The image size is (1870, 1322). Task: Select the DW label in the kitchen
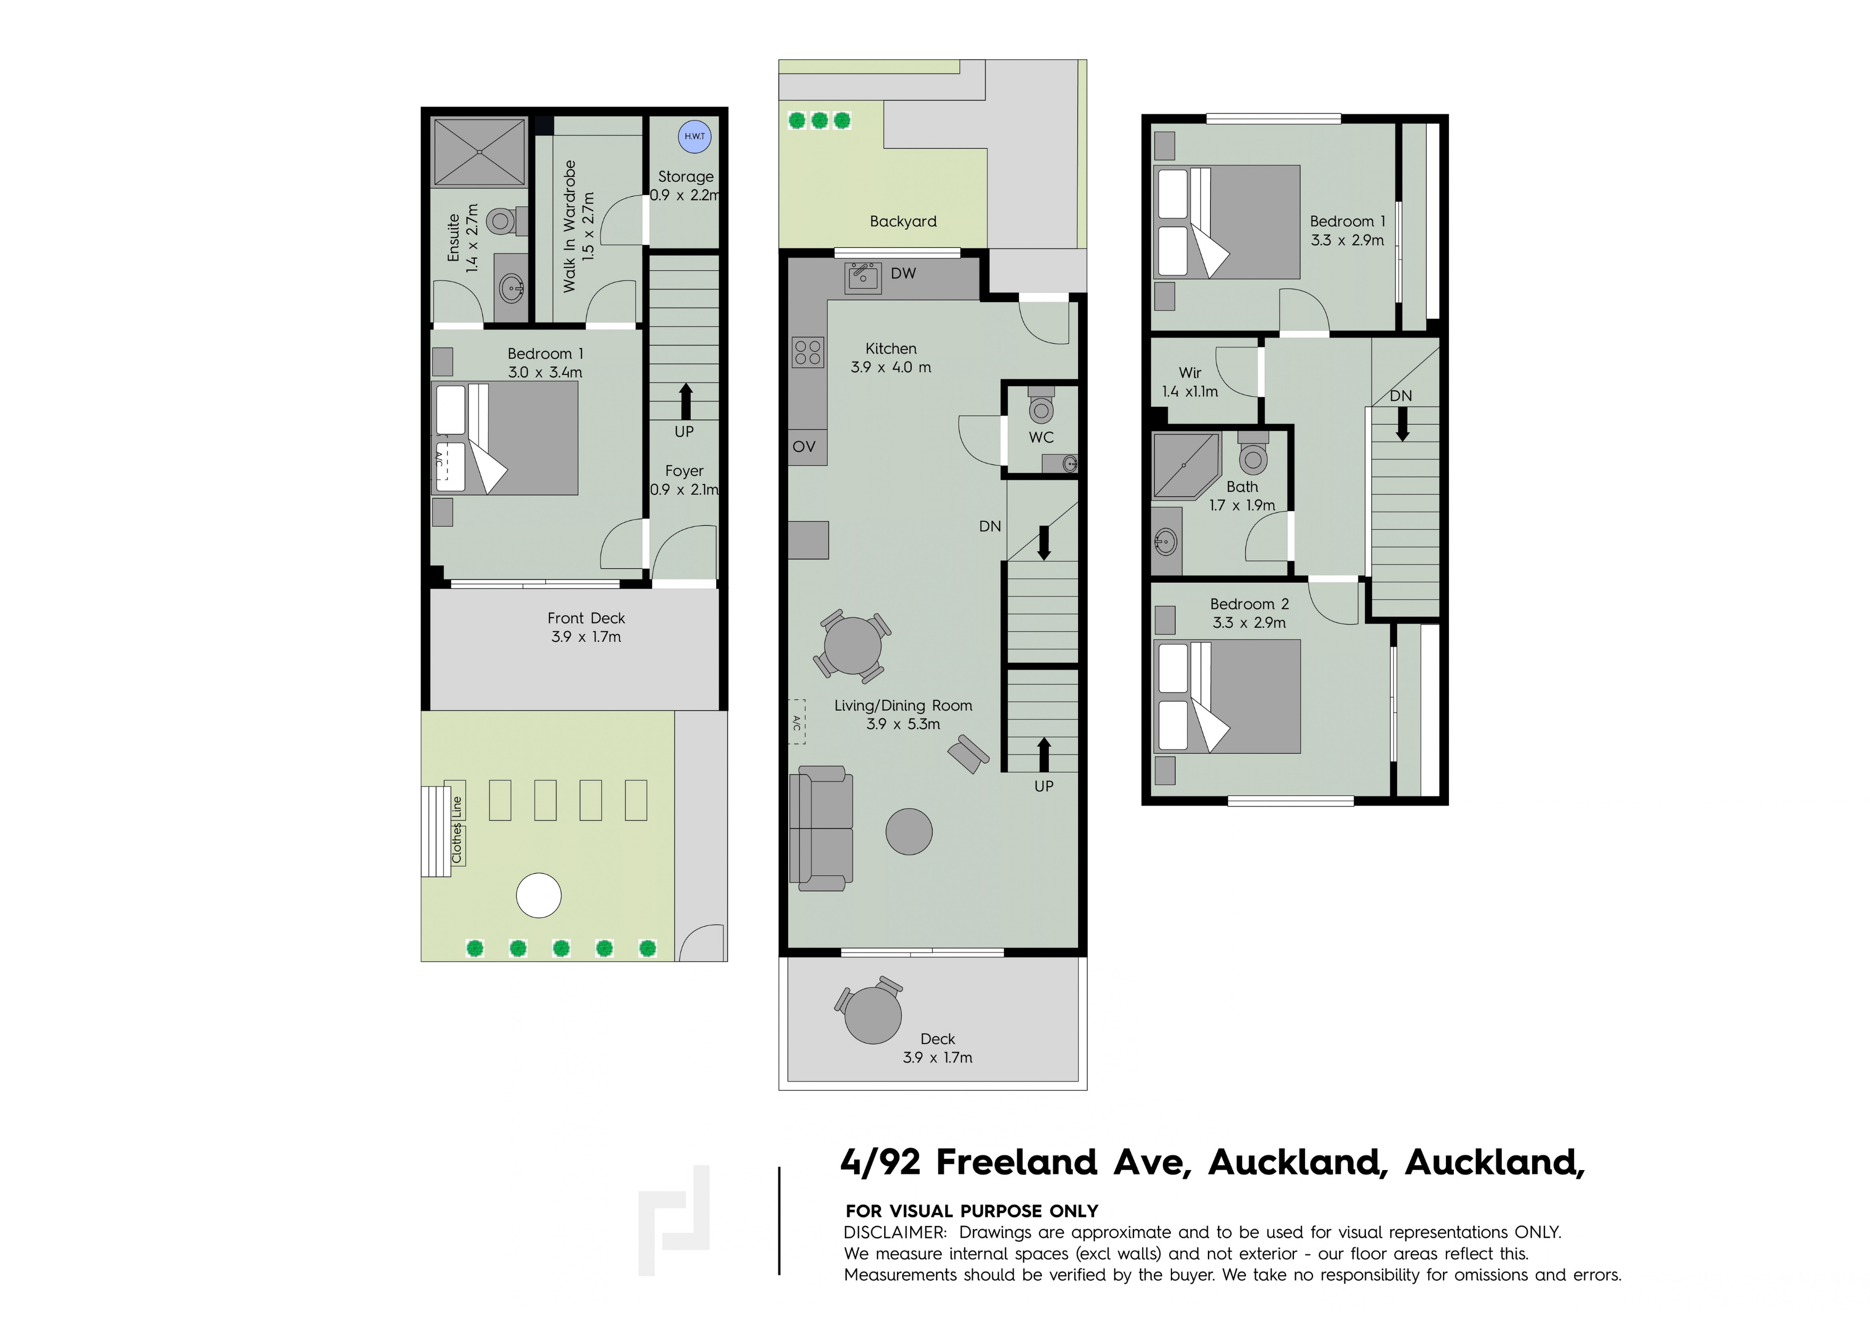[903, 273]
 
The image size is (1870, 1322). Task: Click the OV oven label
[804, 446]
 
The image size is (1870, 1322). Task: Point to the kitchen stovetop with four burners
[807, 353]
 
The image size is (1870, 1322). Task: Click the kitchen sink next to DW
[862, 277]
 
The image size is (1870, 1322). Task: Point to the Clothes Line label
[456, 830]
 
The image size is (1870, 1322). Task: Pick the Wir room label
[1190, 372]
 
